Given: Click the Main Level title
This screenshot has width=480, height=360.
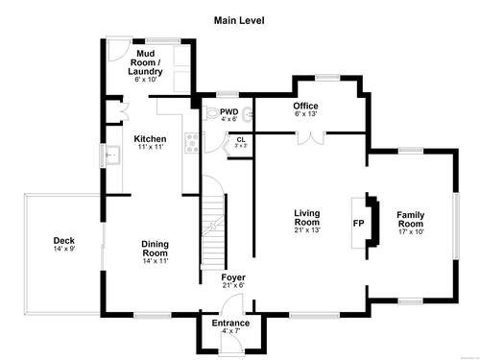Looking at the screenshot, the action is (239, 20).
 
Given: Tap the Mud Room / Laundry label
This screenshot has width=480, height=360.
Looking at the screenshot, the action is (145, 62).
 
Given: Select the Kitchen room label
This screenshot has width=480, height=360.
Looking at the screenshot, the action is (150, 139).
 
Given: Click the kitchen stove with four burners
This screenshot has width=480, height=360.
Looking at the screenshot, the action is (192, 143).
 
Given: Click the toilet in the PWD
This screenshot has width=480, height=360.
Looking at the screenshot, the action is (210, 113).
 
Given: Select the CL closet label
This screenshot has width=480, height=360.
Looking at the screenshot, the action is (241, 140).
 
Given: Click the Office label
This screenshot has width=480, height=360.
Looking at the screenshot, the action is (305, 106).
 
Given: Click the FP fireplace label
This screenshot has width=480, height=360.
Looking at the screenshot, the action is (358, 223).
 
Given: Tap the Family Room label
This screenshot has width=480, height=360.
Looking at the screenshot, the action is (411, 219).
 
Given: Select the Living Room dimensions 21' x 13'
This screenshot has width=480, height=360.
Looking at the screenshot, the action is (307, 229).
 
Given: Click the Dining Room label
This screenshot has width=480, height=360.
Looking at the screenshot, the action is (156, 249).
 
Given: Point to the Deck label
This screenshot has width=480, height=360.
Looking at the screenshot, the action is (64, 240).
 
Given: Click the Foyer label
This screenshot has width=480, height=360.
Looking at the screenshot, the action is (233, 277).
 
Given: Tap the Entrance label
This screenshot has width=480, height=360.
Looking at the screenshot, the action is (230, 323).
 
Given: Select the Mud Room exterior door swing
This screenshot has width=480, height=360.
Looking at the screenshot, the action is (118, 50).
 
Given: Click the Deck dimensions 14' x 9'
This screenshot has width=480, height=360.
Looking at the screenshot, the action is (64, 249).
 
